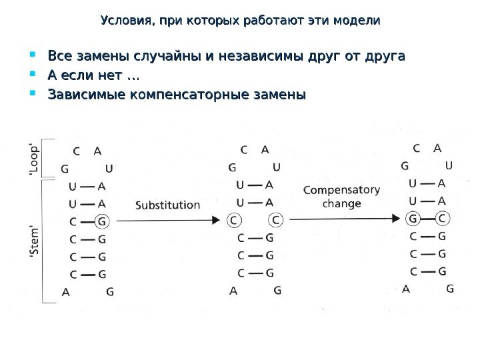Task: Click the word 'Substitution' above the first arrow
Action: click(167, 205)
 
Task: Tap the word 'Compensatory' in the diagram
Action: click(341, 190)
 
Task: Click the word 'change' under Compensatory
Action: click(341, 204)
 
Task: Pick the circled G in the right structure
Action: click(413, 218)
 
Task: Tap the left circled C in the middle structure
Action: click(233, 220)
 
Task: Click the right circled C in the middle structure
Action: click(276, 220)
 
